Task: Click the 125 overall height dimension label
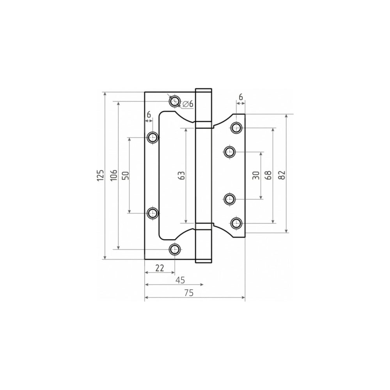(x=100, y=175)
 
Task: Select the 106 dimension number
(x=113, y=175)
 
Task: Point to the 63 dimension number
(x=182, y=175)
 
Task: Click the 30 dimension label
(x=256, y=175)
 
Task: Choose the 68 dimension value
(x=268, y=175)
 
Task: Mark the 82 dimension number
(x=282, y=175)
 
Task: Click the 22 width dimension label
(x=160, y=268)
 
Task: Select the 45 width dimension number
(x=180, y=280)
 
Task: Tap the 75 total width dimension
(x=189, y=293)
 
